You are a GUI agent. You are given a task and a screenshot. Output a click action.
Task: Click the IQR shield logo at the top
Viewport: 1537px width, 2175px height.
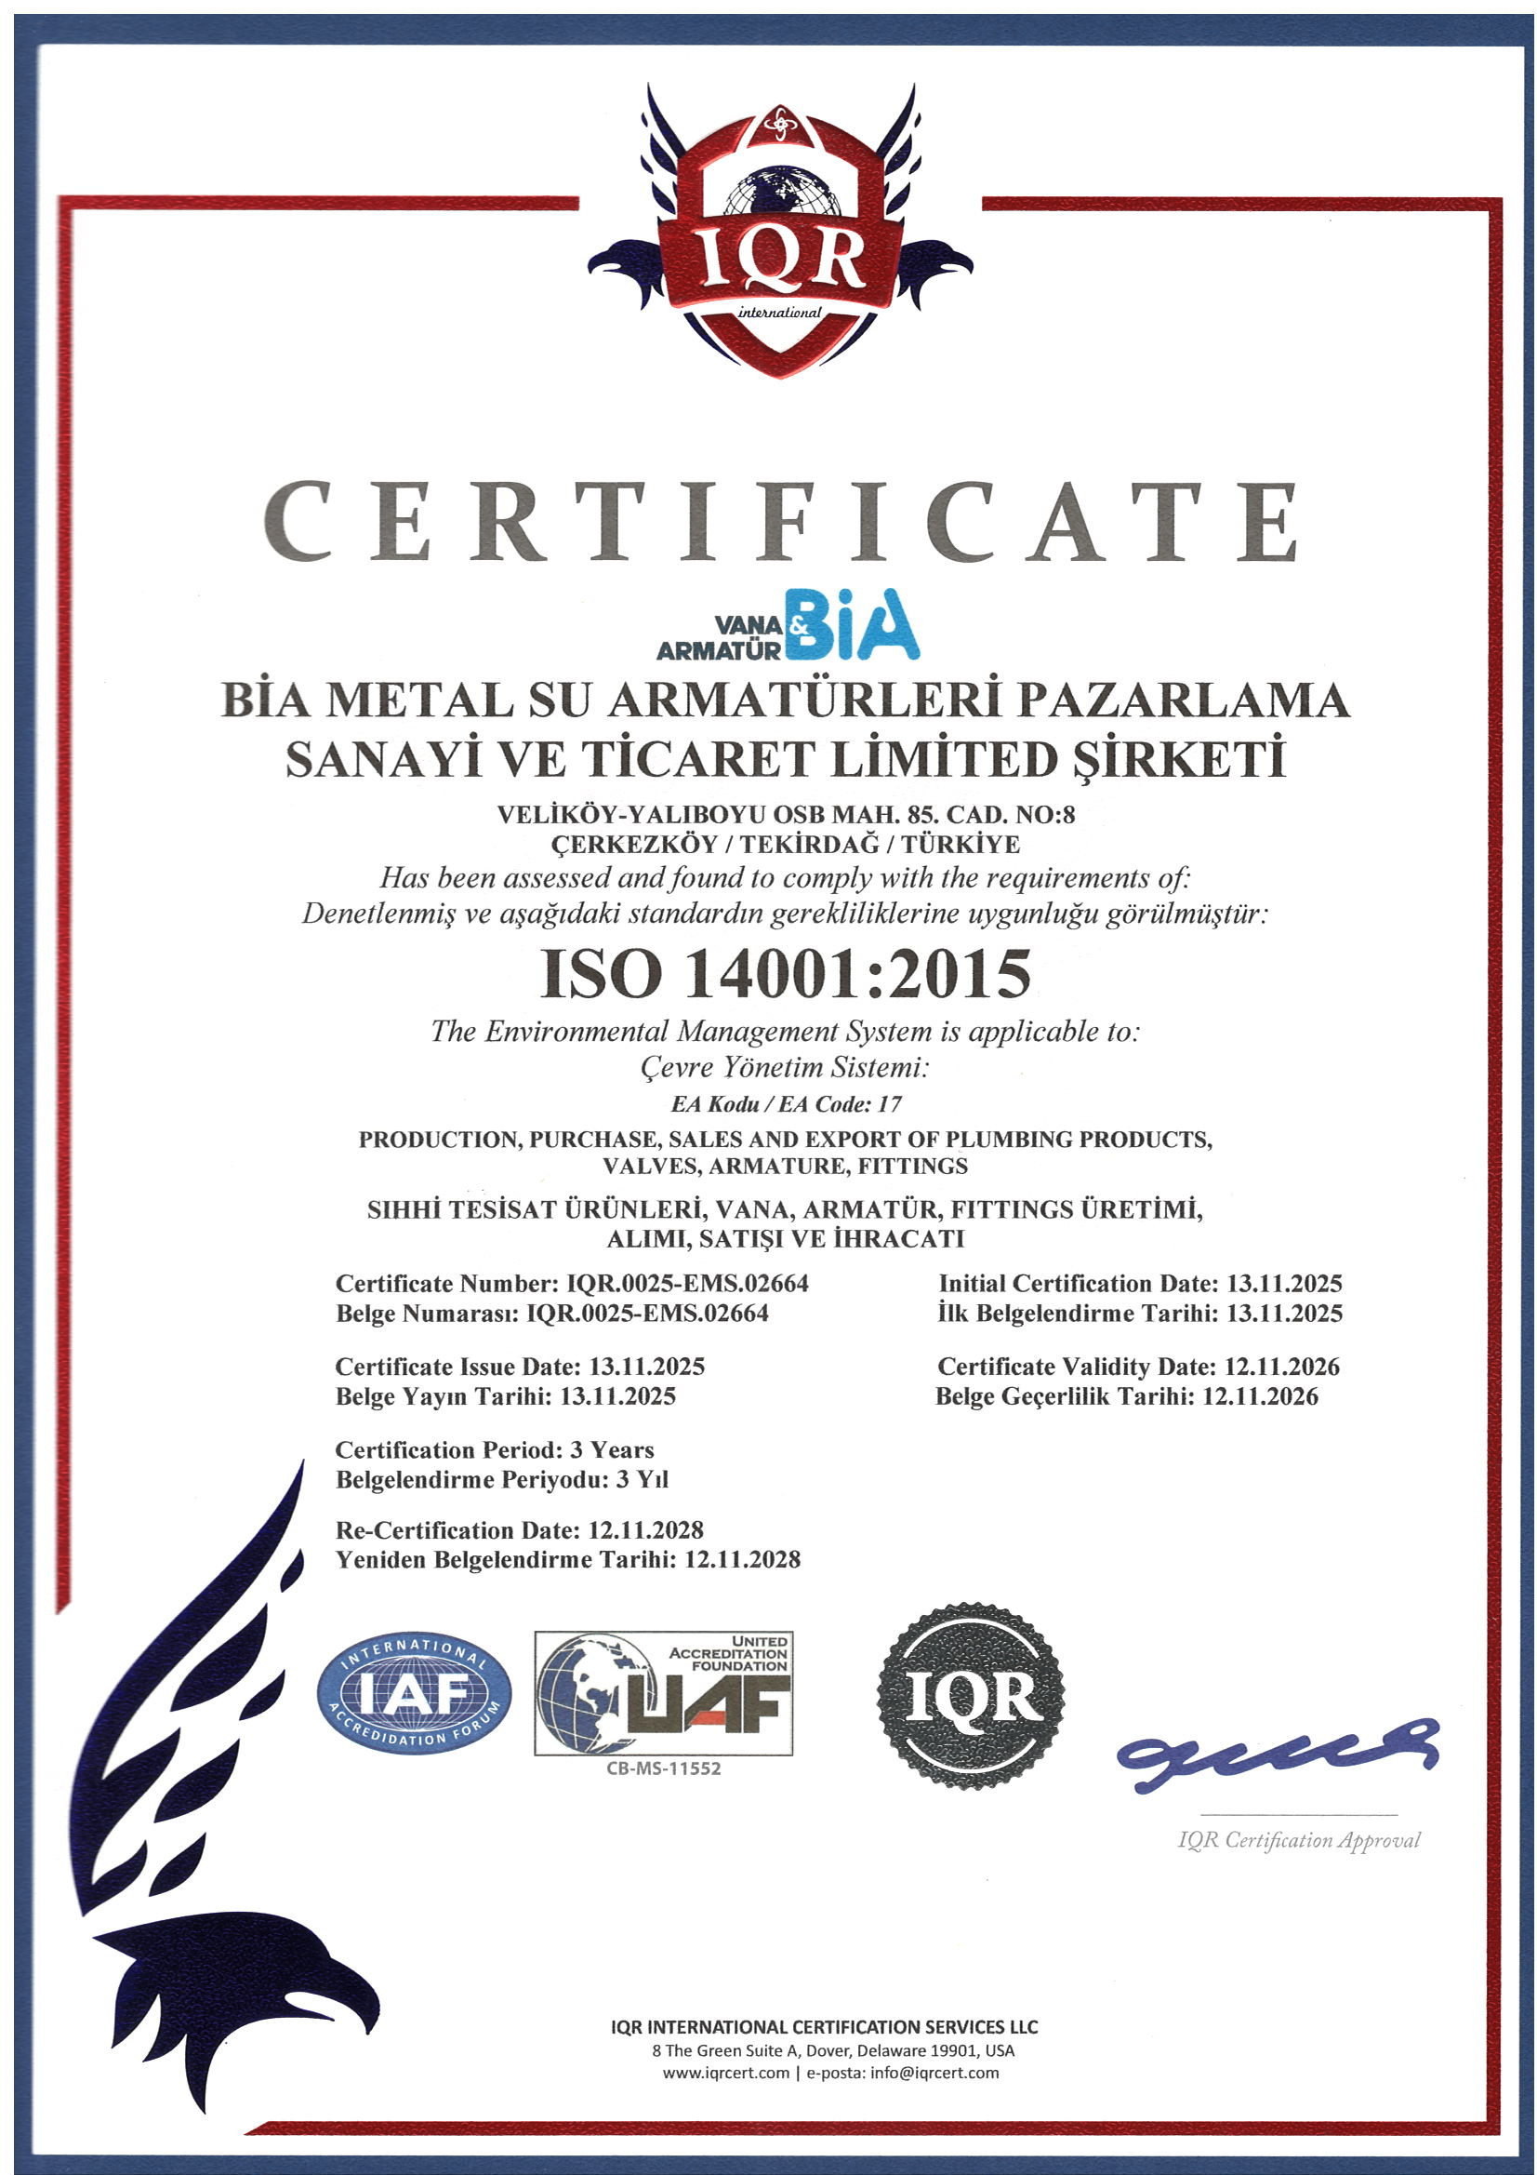(x=779, y=237)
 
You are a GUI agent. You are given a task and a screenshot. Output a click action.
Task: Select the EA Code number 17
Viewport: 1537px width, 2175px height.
(x=888, y=1103)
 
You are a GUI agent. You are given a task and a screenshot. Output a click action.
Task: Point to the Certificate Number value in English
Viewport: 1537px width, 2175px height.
(x=687, y=1284)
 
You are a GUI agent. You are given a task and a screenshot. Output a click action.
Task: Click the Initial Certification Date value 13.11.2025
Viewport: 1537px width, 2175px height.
(x=1284, y=1284)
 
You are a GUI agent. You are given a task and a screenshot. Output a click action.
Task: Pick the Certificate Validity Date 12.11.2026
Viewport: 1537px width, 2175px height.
(x=1282, y=1366)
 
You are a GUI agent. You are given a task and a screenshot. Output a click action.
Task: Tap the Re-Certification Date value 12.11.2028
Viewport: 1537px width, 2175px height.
(x=646, y=1530)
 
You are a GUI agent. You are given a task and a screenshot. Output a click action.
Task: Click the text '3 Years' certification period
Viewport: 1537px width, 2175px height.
(x=612, y=1449)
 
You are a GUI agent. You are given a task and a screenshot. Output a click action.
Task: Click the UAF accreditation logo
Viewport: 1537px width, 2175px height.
(x=663, y=1693)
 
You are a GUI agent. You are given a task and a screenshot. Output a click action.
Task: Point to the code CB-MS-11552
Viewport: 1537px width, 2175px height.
(x=664, y=1768)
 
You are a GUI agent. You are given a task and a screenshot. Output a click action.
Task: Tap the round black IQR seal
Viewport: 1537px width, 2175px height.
(x=971, y=1697)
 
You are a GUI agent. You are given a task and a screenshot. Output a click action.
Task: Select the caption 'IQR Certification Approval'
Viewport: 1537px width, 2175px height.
(x=1298, y=1840)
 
